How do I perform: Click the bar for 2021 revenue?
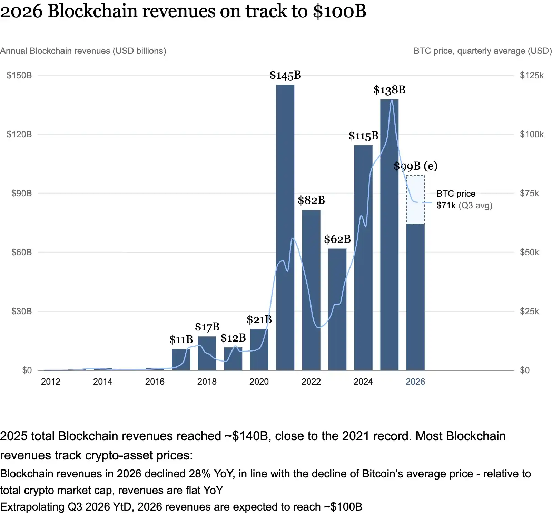click(x=285, y=227)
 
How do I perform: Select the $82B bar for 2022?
click(x=311, y=290)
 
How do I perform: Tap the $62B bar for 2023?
click(x=337, y=309)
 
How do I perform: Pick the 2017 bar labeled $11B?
click(x=181, y=359)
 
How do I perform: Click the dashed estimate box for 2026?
click(x=415, y=200)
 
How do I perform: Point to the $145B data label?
click(x=285, y=75)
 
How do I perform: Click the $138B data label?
click(x=390, y=90)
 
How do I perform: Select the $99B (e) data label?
click(x=415, y=166)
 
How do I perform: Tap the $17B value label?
click(x=207, y=327)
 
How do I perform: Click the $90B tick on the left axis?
click(x=22, y=193)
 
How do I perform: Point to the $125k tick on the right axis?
click(x=532, y=75)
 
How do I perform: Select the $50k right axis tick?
click(x=529, y=252)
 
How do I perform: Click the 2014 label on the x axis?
click(x=103, y=382)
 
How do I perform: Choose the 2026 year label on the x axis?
click(x=415, y=382)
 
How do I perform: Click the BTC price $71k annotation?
click(x=464, y=199)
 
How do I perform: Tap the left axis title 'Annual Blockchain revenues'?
click(x=55, y=51)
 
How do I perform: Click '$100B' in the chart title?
click(x=339, y=11)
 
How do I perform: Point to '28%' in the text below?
click(x=199, y=474)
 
